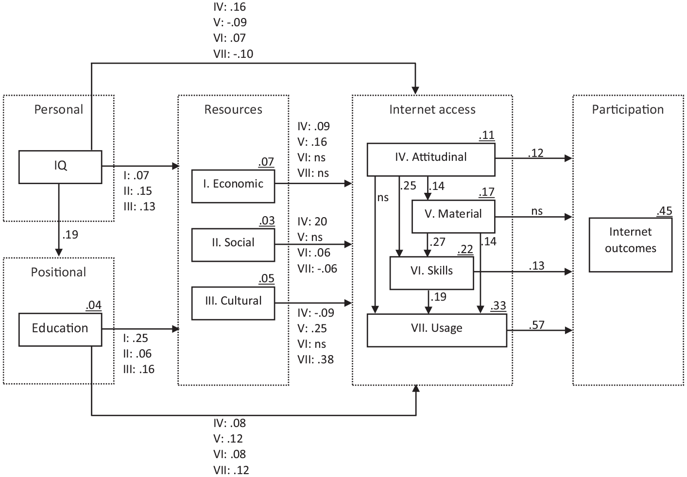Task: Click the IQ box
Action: [x=60, y=167]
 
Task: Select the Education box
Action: [x=60, y=329]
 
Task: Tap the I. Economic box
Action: [x=233, y=186]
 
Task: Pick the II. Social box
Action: [x=233, y=245]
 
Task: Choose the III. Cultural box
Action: [x=233, y=303]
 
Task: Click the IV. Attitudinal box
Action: [x=431, y=159]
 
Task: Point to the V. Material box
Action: [x=453, y=217]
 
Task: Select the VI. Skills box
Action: [x=431, y=273]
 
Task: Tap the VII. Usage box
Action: [x=437, y=330]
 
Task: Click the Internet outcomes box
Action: [x=631, y=245]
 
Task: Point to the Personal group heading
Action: [x=59, y=109]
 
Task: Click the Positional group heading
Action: [x=59, y=272]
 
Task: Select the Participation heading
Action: [x=628, y=109]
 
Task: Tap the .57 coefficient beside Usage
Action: [x=537, y=324]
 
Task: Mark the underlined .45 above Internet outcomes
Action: [x=665, y=211]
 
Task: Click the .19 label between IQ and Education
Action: [x=70, y=235]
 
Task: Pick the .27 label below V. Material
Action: [x=438, y=242]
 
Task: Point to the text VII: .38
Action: [x=316, y=359]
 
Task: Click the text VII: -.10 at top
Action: [x=233, y=54]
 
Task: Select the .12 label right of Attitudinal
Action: [x=536, y=153]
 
